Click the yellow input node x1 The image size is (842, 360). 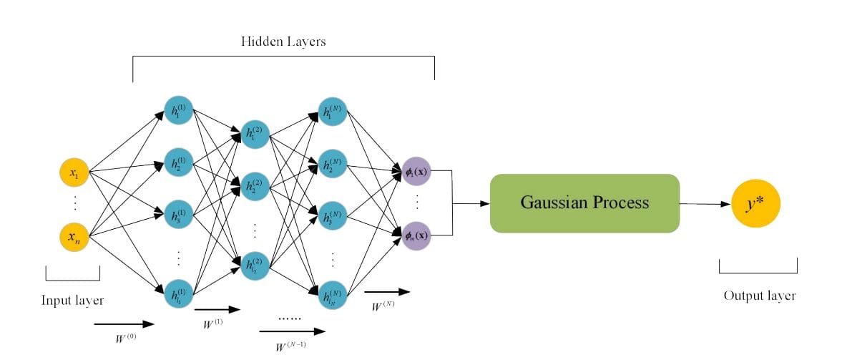(74, 172)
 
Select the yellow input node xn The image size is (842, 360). (74, 237)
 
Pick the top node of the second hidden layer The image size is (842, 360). (255, 133)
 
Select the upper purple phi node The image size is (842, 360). (416, 171)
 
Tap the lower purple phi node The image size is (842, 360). (416, 235)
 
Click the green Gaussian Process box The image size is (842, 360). (584, 203)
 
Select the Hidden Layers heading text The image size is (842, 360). (283, 42)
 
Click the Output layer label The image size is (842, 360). (759, 296)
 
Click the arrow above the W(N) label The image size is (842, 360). (387, 291)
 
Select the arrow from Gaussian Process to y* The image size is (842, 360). (705, 204)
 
